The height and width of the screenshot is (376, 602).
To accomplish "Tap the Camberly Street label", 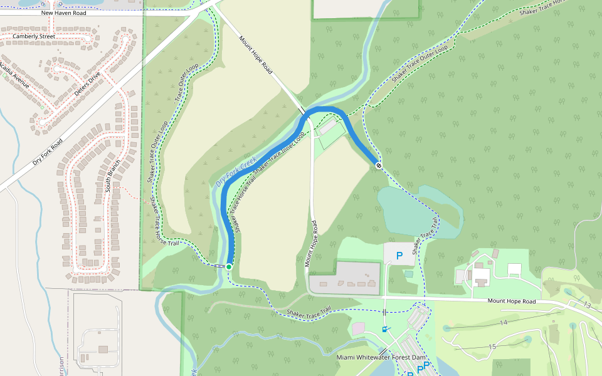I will pyautogui.click(x=34, y=37).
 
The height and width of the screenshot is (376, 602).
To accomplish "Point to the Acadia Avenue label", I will pyautogui.click(x=15, y=75).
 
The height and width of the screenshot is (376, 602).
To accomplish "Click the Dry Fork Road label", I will pyautogui.click(x=48, y=152).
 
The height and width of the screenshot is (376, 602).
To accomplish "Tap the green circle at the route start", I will pyautogui.click(x=229, y=267).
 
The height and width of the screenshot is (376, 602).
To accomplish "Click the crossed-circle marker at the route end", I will pyautogui.click(x=379, y=165).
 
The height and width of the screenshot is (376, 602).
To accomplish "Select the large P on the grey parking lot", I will pyautogui.click(x=399, y=256).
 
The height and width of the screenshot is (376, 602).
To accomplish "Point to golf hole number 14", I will pyautogui.click(x=503, y=322).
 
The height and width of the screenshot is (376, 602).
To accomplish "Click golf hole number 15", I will pyautogui.click(x=492, y=347).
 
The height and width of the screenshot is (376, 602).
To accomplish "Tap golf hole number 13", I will pyautogui.click(x=587, y=305).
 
